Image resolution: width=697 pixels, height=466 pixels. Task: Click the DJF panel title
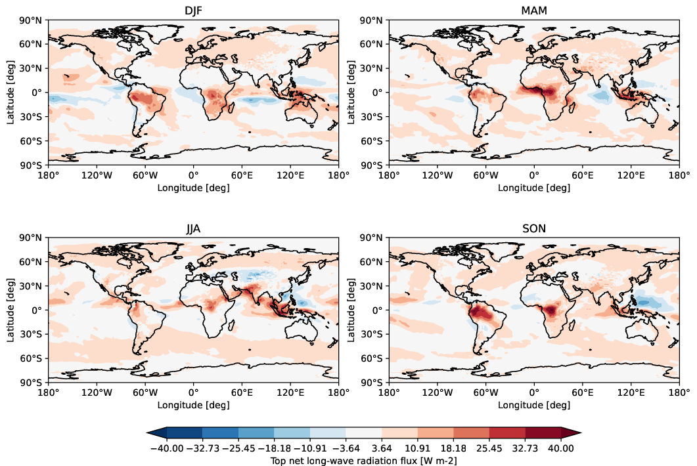(x=193, y=11)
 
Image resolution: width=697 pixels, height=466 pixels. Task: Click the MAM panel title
(x=534, y=11)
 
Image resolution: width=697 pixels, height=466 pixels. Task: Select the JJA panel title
(x=193, y=229)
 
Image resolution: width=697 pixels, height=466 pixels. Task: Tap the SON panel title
(x=534, y=229)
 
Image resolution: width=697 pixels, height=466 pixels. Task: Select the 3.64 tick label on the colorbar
(x=382, y=448)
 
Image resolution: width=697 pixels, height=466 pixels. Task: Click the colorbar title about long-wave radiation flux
(x=364, y=461)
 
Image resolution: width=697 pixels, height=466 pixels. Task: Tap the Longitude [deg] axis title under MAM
(x=534, y=188)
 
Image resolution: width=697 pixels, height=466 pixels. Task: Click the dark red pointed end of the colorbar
(x=572, y=432)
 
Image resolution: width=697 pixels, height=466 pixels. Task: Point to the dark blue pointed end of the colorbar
(x=156, y=432)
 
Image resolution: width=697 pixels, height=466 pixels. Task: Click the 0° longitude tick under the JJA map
(x=193, y=394)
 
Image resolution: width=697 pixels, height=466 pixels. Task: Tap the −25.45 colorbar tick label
(x=238, y=448)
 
